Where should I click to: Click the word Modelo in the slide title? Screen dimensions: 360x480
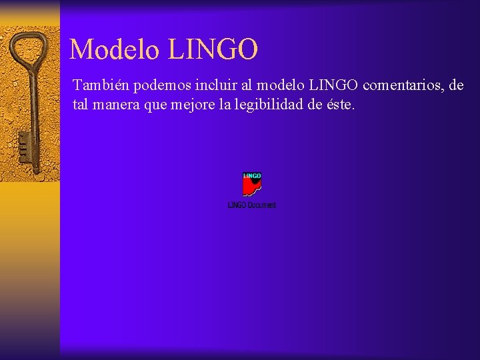coord(114,49)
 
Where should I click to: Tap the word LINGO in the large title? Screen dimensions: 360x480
coord(213,49)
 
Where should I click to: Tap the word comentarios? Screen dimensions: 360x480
coord(403,86)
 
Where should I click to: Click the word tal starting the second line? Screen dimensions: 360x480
coord(81,105)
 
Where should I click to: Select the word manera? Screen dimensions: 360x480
coord(116,105)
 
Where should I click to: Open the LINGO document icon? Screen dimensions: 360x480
coord(252,184)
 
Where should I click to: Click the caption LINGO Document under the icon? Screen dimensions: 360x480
coord(252,205)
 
